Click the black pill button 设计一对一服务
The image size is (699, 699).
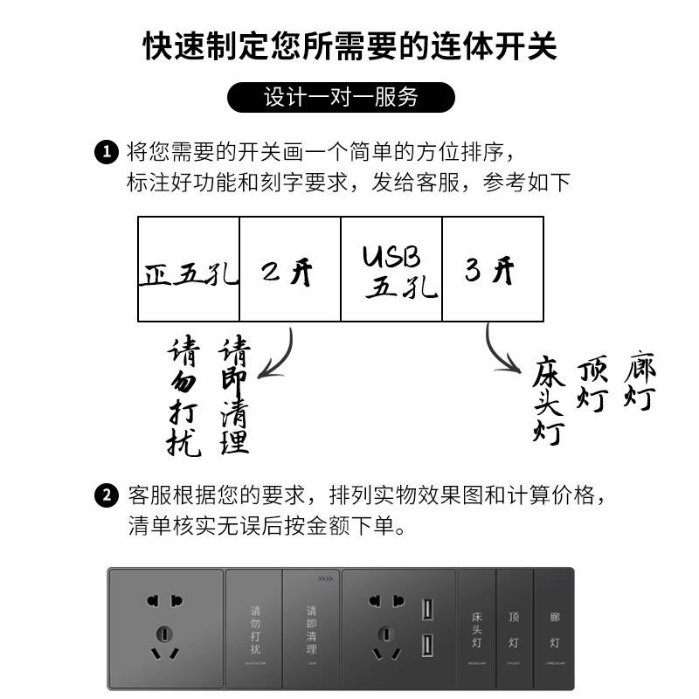pyautogui.click(x=341, y=97)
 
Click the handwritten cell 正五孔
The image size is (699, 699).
pyautogui.click(x=189, y=270)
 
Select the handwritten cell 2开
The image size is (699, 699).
pyautogui.click(x=289, y=270)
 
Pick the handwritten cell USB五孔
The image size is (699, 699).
pyautogui.click(x=391, y=270)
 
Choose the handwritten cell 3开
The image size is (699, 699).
pyautogui.click(x=493, y=270)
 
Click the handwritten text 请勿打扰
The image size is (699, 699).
pyautogui.click(x=183, y=398)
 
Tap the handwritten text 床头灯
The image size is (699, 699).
pyautogui.click(x=550, y=401)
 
